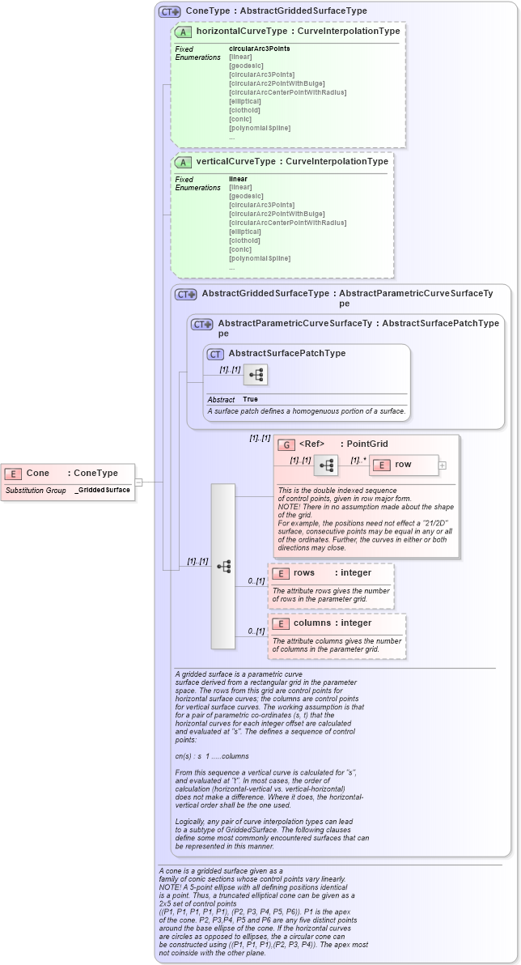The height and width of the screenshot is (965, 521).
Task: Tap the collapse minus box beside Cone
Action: (138, 482)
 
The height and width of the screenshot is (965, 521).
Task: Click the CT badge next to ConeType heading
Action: (170, 11)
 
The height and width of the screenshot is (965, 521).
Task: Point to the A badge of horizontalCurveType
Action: (184, 32)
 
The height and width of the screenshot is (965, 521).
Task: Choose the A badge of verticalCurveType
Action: (184, 162)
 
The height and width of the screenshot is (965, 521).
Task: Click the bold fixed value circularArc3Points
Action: (259, 49)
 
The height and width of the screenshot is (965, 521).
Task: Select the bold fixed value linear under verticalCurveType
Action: (238, 179)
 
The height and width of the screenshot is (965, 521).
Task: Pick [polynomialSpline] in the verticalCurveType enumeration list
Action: (260, 258)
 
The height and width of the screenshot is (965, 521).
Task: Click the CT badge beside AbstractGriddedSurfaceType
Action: (186, 295)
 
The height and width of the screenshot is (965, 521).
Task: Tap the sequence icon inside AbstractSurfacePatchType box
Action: (256, 375)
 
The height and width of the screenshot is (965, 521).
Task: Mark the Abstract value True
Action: (250, 399)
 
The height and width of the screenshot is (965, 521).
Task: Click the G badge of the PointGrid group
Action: (286, 444)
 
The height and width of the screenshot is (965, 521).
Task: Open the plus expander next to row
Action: (442, 465)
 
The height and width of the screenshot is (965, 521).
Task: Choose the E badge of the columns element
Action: (280, 623)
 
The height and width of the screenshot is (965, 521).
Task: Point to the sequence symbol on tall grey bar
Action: (223, 566)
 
